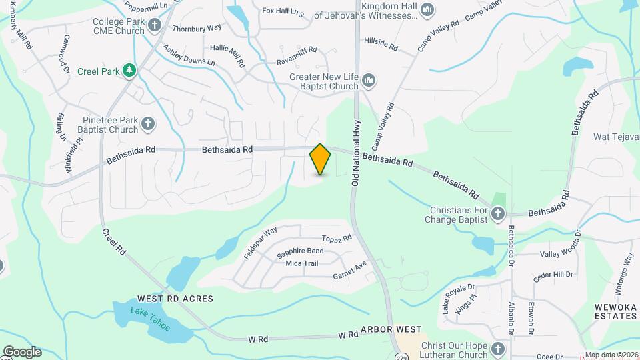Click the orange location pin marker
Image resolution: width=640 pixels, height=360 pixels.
pyautogui.click(x=321, y=159)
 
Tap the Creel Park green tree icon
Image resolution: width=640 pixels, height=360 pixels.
pyautogui.click(x=129, y=70)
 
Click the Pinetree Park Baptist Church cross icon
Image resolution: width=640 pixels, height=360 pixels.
pyautogui.click(x=147, y=125)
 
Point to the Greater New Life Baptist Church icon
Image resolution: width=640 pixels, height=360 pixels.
pyautogui.click(x=369, y=81)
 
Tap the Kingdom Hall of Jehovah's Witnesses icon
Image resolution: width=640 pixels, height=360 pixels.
pyautogui.click(x=427, y=10)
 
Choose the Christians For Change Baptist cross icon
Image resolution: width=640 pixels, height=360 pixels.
pyautogui.click(x=497, y=214)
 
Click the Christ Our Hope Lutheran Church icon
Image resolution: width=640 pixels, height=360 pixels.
pyautogui.click(x=498, y=349)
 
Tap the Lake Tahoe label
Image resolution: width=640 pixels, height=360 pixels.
pyautogui.click(x=150, y=319)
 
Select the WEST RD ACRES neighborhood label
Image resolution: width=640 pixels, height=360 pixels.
pyautogui.click(x=175, y=299)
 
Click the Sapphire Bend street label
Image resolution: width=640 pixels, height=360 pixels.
pyautogui.click(x=300, y=251)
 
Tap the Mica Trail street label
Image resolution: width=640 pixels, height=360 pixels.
pyautogui.click(x=301, y=263)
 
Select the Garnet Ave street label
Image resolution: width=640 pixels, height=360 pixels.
pyautogui.click(x=350, y=270)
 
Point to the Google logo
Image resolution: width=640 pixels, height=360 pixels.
pyautogui.click(x=22, y=351)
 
